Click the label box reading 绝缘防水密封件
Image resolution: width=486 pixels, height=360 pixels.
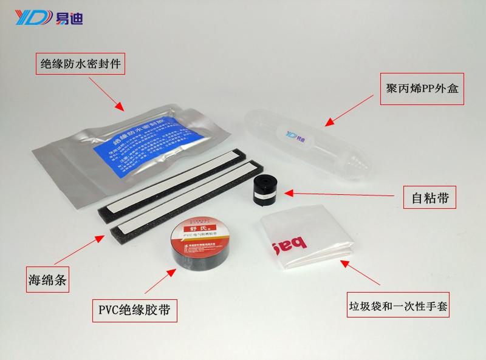pyautogui.click(x=81, y=63)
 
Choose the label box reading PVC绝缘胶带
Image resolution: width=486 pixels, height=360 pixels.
pyautogui.click(x=134, y=311)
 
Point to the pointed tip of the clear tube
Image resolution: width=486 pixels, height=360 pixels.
pyautogui.click(x=364, y=164)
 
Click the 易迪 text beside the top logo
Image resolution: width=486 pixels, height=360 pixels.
pyautogui.click(x=69, y=17)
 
